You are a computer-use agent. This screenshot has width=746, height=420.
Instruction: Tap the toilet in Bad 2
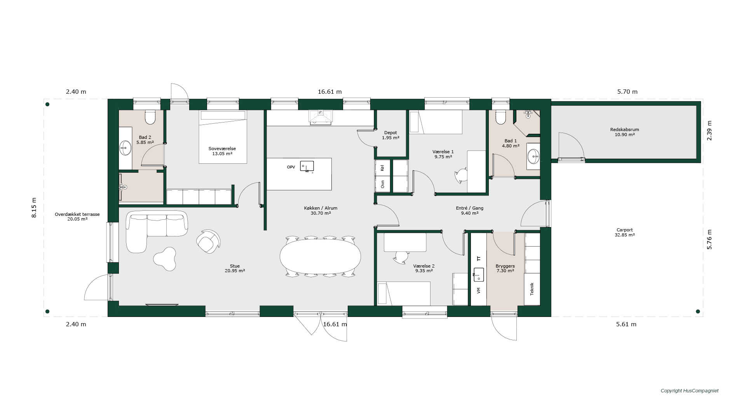[x=150, y=117]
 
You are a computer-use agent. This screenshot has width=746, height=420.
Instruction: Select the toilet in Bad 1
[x=501, y=117]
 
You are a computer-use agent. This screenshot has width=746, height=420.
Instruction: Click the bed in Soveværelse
[x=223, y=136]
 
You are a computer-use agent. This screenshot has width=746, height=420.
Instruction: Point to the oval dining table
[x=320, y=257]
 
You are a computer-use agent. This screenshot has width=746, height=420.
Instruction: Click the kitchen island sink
[x=307, y=166]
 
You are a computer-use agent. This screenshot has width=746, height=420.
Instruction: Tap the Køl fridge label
[x=383, y=168]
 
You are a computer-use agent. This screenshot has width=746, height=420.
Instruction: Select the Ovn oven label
[x=383, y=184]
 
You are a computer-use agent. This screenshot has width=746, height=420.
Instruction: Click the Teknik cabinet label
[x=532, y=289]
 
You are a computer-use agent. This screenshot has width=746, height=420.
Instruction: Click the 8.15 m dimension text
[x=34, y=208]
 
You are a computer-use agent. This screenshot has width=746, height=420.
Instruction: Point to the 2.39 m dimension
[x=709, y=130]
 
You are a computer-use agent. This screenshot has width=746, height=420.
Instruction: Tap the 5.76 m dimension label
[x=709, y=239]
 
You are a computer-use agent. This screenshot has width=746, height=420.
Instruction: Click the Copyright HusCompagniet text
[x=690, y=391]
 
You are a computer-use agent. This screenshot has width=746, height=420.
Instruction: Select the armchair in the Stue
[x=208, y=241]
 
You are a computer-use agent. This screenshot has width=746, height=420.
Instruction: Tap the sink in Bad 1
[x=533, y=156]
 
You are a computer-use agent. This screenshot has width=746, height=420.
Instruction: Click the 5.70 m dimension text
[x=627, y=92]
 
